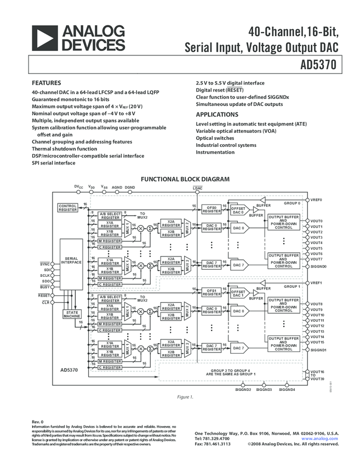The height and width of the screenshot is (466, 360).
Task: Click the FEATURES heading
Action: point(46,83)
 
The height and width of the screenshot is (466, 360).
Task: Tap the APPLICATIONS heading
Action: point(217,115)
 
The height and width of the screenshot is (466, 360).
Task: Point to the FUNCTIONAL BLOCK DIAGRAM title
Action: point(185,179)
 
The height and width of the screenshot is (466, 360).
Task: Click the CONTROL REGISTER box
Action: point(68,207)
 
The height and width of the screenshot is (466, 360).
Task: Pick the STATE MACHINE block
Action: point(71,314)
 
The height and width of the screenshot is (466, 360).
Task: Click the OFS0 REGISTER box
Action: point(212,209)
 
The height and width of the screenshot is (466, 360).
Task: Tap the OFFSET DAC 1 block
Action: point(238,292)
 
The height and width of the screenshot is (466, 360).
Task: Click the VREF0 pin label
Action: point(316,200)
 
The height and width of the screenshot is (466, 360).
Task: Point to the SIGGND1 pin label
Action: point(318,349)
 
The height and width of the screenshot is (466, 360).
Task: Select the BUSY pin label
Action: point(45,287)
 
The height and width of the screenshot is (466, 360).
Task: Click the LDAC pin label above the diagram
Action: point(197,188)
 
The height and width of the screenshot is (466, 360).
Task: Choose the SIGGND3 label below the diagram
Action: point(264,389)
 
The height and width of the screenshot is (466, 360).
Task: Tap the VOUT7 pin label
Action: point(316,259)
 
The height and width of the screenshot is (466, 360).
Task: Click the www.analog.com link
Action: point(319,439)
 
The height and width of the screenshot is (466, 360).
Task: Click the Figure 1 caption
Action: point(185,397)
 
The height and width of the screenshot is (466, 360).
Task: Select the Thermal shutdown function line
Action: point(64,149)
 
